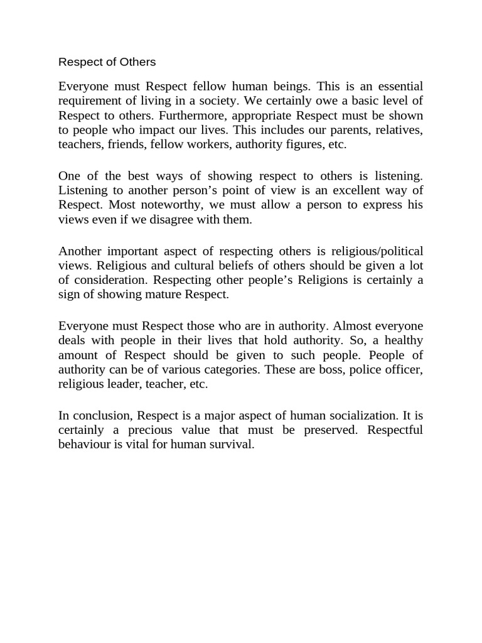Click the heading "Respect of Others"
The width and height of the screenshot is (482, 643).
pyautogui.click(x=107, y=62)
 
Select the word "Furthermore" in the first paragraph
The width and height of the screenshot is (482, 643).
pyautogui.click(x=191, y=116)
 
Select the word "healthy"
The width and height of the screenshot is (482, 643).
pyautogui.click(x=399, y=340)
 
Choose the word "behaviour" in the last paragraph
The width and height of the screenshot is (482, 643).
pyautogui.click(x=85, y=444)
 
